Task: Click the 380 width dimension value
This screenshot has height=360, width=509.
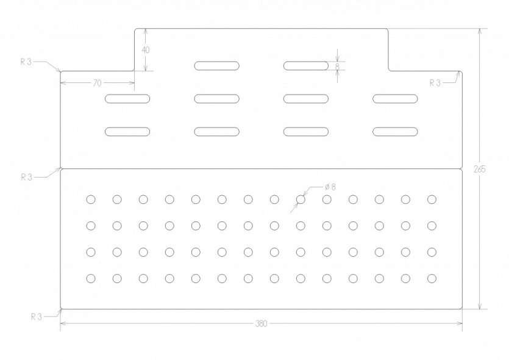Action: (261, 323)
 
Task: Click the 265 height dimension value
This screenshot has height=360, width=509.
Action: (480, 169)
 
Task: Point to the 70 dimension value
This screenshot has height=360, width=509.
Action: (98, 83)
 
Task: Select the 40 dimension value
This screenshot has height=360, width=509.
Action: (146, 50)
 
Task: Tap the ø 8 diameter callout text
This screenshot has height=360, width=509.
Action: (330, 187)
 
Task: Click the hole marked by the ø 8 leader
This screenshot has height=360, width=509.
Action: (301, 199)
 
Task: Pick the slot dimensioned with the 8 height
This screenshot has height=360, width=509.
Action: (306, 66)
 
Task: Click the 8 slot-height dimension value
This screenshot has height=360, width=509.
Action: (337, 66)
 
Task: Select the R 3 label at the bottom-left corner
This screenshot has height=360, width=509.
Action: (37, 317)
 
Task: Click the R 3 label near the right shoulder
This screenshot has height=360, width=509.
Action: (435, 83)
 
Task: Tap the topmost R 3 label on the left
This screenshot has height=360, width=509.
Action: (26, 62)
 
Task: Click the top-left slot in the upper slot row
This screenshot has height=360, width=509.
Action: (217, 66)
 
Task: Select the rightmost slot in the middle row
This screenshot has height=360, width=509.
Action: (395, 99)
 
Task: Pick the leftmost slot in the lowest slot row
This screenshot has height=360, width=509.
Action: (127, 132)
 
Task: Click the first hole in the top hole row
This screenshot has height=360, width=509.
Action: (91, 199)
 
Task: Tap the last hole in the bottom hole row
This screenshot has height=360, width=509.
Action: (432, 278)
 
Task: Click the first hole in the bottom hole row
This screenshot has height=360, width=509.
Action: (91, 278)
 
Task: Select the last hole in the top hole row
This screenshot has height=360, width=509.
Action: (432, 199)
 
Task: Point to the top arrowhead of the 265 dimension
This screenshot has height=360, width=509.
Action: (480, 32)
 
